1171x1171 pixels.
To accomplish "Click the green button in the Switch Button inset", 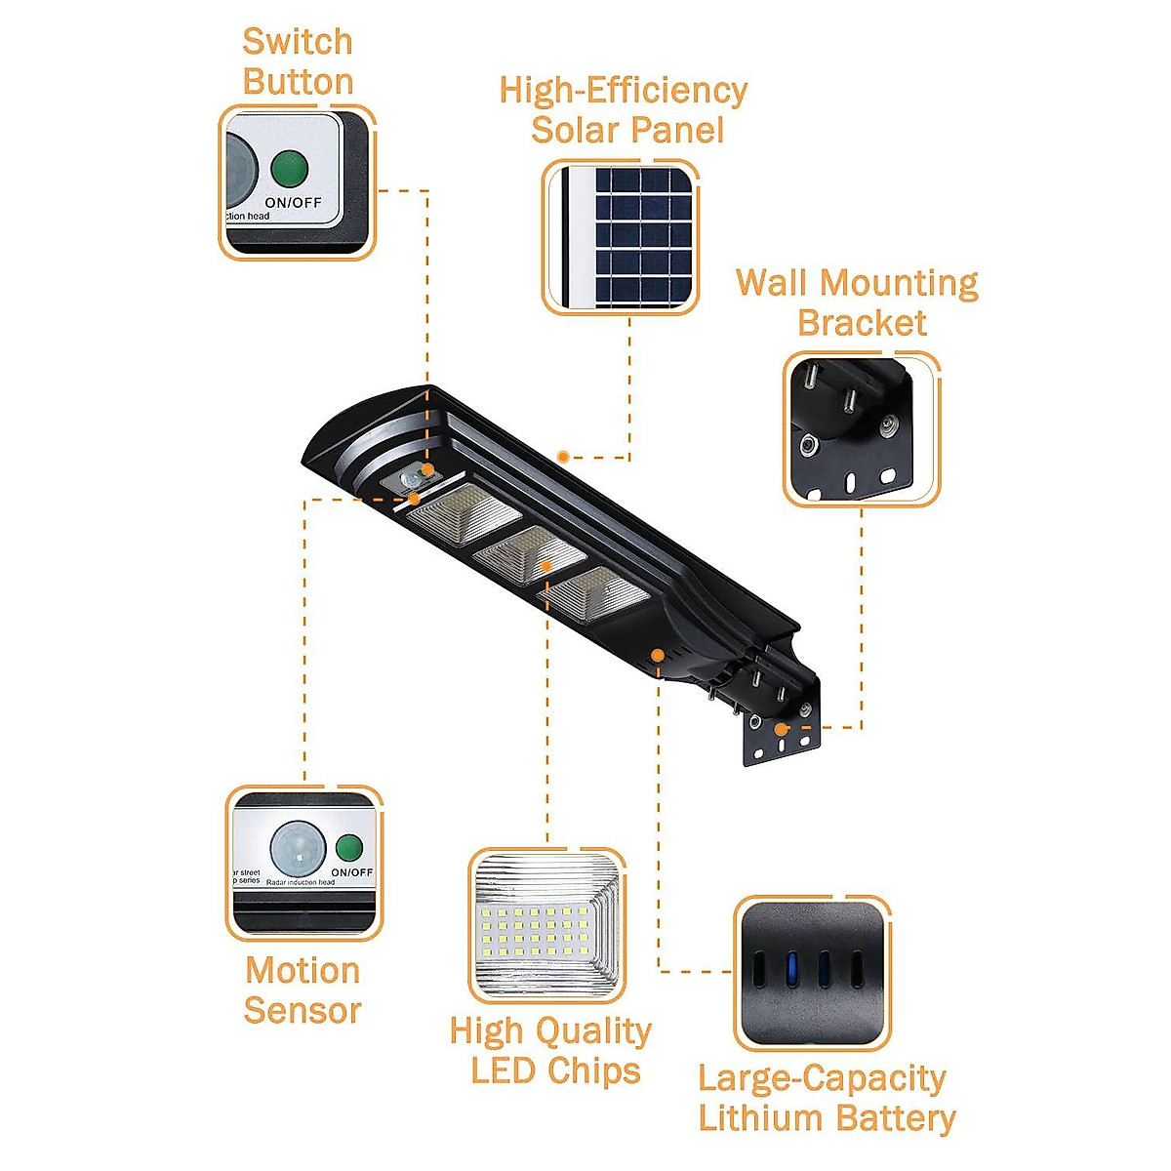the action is (x=289, y=169).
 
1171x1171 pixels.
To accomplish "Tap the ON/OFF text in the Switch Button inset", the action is (x=293, y=203).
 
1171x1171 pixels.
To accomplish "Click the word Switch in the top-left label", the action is (x=297, y=42).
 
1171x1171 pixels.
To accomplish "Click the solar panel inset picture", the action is (x=621, y=238).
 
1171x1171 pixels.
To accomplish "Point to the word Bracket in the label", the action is (x=862, y=323).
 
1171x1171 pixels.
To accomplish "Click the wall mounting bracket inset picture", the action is (x=861, y=429).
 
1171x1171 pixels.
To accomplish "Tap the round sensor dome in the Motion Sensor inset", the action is (x=298, y=847).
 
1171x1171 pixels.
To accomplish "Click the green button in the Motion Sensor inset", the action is (x=349, y=847).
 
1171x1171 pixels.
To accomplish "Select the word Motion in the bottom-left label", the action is (x=303, y=971).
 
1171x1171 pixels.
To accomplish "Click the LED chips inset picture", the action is (x=546, y=925).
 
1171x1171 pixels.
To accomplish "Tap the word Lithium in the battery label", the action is (x=755, y=1118).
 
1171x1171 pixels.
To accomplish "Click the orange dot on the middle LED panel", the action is (x=546, y=565).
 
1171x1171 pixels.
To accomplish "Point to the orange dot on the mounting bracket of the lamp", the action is (x=780, y=728).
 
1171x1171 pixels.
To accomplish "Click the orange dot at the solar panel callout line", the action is (x=563, y=456).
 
